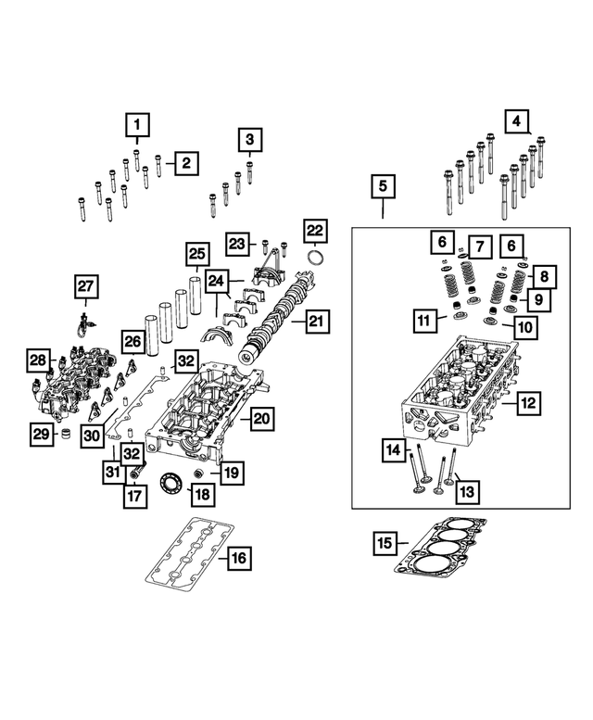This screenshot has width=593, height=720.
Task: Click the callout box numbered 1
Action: pyautogui.click(x=136, y=124)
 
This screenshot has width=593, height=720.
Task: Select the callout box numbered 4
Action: pyautogui.click(x=516, y=120)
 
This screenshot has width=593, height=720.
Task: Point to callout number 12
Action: pyautogui.click(x=529, y=403)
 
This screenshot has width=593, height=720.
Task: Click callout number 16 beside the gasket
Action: pyautogui.click(x=238, y=558)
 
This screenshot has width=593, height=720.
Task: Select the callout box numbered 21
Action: pyautogui.click(x=316, y=322)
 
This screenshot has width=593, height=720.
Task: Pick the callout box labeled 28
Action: pyautogui.click(x=37, y=360)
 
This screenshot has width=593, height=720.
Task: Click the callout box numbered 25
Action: pyautogui.click(x=196, y=254)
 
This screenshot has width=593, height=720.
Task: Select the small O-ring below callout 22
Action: pyautogui.click(x=315, y=258)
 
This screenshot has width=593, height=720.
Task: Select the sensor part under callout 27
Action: pyautogui.click(x=86, y=322)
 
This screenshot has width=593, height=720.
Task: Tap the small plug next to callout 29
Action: pyautogui.click(x=64, y=433)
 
